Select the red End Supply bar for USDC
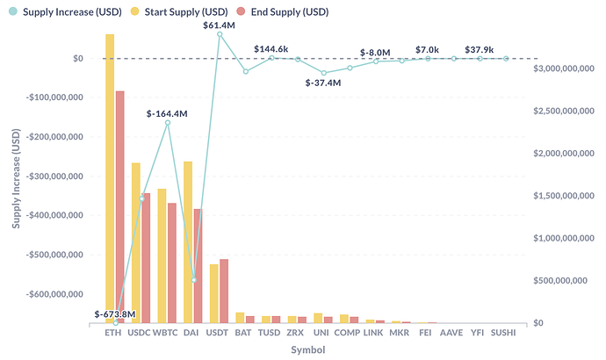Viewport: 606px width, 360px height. click(x=146, y=258)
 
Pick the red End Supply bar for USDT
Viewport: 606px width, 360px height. click(x=224, y=291)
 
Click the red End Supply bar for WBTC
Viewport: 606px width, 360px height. click(x=172, y=263)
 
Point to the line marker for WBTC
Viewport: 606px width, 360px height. click(x=168, y=123)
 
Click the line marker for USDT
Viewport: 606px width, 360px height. click(x=220, y=34)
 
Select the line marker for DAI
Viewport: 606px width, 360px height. click(x=194, y=280)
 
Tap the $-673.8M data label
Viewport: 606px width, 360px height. click(x=115, y=313)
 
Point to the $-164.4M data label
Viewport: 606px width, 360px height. click(x=167, y=113)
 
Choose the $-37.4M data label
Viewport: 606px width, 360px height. click(x=323, y=82)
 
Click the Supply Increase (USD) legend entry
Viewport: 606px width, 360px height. click(x=54, y=11)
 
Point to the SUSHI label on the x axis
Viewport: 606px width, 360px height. click(x=504, y=334)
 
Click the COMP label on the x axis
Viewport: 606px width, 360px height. click(x=348, y=334)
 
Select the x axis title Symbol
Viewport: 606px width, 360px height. click(x=307, y=350)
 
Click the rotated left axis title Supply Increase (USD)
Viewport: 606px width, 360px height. click(x=16, y=176)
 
